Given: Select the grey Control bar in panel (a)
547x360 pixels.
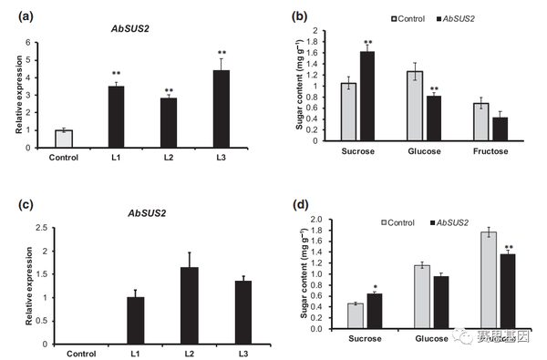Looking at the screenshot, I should tap(63, 139).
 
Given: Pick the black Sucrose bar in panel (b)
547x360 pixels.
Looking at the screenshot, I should tap(367, 96).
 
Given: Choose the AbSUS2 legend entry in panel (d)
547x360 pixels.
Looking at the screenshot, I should tap(457, 222).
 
